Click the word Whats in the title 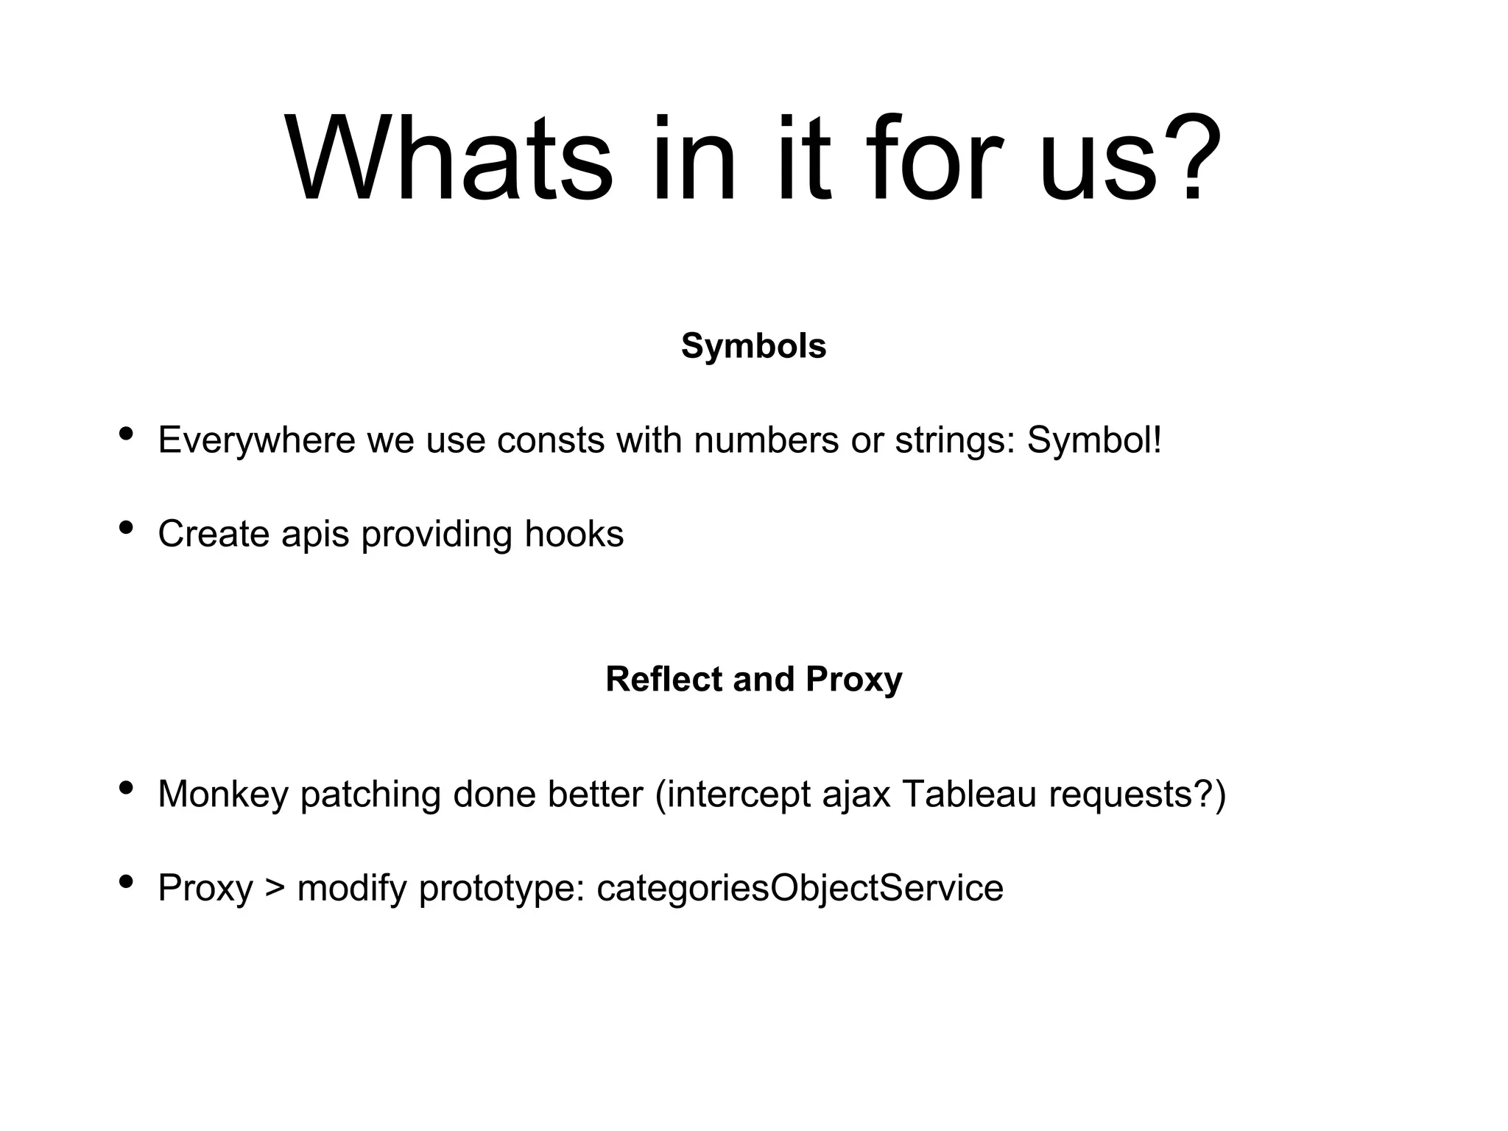click(448, 158)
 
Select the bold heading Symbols click(753, 345)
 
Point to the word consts click(551, 440)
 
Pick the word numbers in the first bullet click(766, 440)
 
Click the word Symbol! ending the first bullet click(1094, 440)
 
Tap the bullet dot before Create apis click(126, 528)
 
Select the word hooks click(574, 534)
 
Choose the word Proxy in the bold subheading click(853, 679)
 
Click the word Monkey click(222, 794)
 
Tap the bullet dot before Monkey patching click(126, 788)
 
